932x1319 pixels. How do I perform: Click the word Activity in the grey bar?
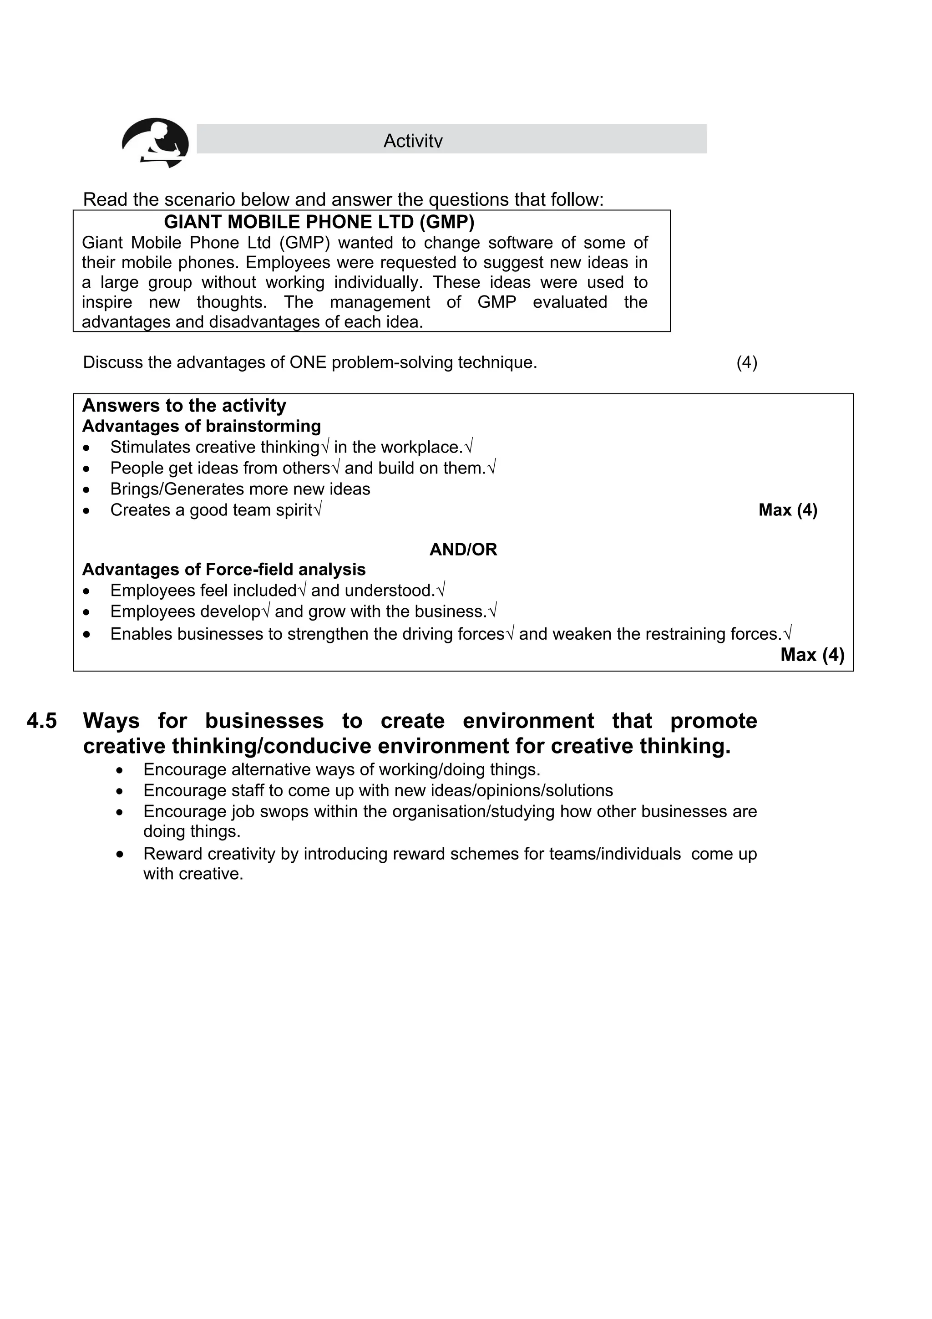click(x=413, y=141)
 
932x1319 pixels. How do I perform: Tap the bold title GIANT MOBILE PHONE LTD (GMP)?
click(x=319, y=222)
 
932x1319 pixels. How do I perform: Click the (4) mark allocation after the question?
click(x=746, y=362)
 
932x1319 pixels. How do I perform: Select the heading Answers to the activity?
click(x=184, y=406)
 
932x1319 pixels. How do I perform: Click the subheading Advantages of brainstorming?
click(x=202, y=426)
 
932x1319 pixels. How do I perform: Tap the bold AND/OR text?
click(x=463, y=550)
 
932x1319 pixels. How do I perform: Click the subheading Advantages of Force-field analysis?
click(x=224, y=569)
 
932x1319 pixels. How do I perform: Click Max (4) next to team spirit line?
click(x=787, y=510)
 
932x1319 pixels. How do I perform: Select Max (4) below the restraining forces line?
click(x=812, y=655)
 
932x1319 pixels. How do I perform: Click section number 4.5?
click(x=42, y=721)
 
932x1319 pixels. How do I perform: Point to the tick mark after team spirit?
click(x=318, y=509)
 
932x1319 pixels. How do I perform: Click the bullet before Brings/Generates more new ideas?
click(x=87, y=490)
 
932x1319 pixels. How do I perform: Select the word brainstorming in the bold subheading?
click(x=263, y=426)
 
